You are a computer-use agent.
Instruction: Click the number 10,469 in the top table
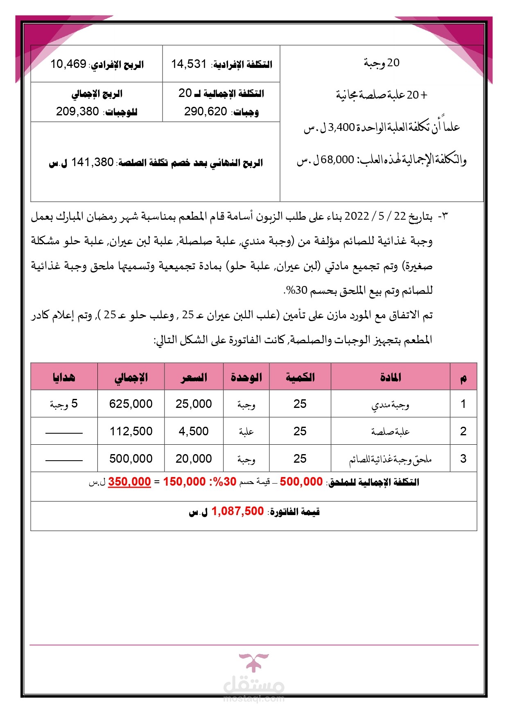[68, 64]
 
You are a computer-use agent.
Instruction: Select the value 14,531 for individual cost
[189, 64]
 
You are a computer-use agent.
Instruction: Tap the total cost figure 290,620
[205, 112]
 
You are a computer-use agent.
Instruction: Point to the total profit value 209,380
[77, 112]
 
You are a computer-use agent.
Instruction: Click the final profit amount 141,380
[92, 162]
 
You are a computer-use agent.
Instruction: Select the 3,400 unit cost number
[341, 128]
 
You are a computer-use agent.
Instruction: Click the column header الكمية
[300, 377]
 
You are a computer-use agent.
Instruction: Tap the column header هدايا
[64, 377]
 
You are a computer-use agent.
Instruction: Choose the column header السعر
[194, 377]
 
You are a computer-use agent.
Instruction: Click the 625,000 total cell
[131, 404]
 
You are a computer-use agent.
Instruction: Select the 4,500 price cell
[194, 431]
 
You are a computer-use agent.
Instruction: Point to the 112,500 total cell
[131, 431]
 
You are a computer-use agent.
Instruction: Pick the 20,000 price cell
[194, 459]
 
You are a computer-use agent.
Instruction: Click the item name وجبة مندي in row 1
[390, 405]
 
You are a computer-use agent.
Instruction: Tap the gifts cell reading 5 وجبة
[64, 404]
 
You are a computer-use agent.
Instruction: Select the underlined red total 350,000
[129, 482]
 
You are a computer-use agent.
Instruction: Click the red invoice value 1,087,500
[237, 511]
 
